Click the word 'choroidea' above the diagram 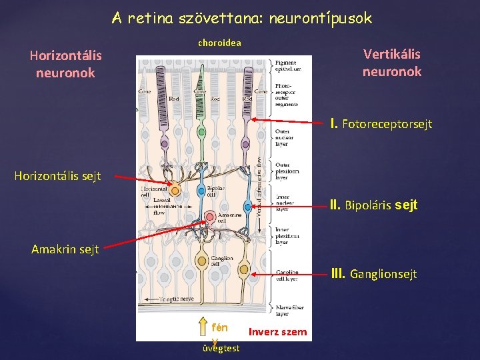(219, 43)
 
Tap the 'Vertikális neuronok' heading (391, 63)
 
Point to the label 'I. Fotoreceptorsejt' (381, 124)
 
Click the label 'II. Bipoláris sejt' (374, 205)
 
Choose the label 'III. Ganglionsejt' (374, 273)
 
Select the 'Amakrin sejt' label (65, 249)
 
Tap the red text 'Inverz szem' (277, 331)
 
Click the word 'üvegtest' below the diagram (219, 348)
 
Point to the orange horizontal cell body (176, 191)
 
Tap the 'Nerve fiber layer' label (288, 309)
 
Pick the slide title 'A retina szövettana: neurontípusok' (241, 18)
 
